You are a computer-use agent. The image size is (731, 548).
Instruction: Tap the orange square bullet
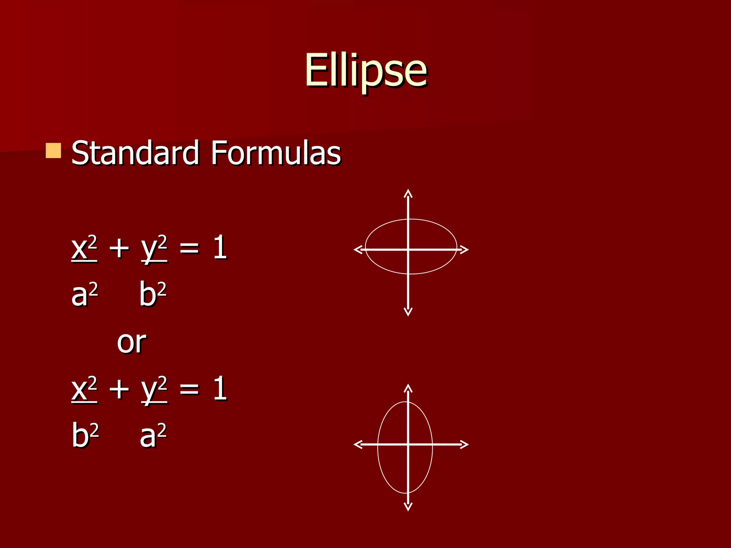tap(54, 151)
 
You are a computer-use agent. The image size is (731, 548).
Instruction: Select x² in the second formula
tap(84, 389)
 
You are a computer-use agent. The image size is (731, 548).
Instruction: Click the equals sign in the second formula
tap(189, 389)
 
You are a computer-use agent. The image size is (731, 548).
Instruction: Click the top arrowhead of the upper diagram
tap(408, 193)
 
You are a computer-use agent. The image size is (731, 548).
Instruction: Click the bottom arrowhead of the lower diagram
tap(408, 507)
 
